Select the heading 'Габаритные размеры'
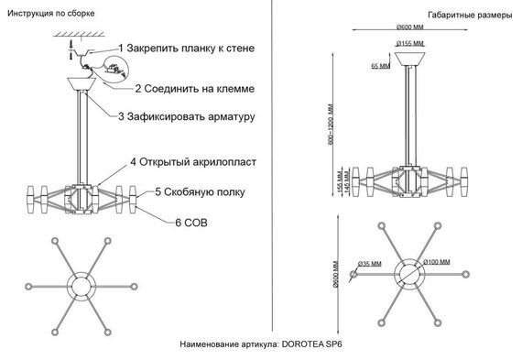pyautogui.click(x=464, y=16)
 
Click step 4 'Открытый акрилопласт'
pyautogui.click(x=192, y=161)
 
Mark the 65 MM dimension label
pyautogui.click(x=381, y=66)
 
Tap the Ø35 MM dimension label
pyautogui.click(x=370, y=265)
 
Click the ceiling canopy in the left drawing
pyautogui.click(x=88, y=82)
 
